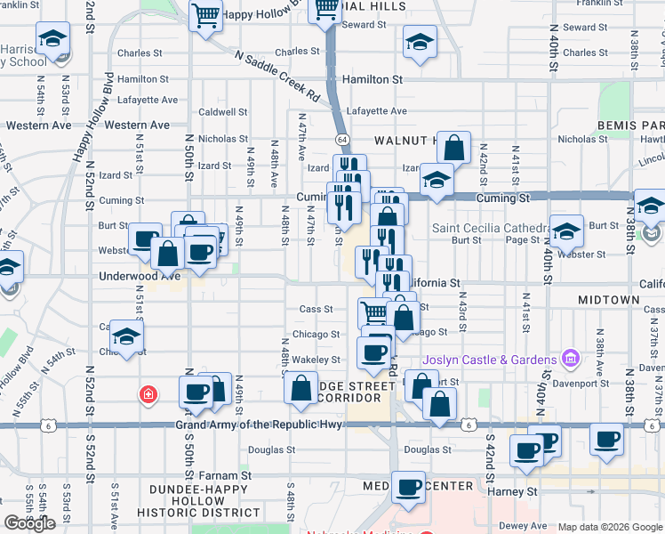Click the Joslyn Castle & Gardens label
490,360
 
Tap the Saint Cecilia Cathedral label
488,228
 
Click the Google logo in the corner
29,523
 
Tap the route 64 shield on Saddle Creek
341,140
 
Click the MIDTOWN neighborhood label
608,301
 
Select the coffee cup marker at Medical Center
409,487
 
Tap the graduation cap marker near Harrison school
53,40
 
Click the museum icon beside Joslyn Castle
571,360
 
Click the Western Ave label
37,125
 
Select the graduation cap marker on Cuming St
436,179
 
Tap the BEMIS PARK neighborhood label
631,125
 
